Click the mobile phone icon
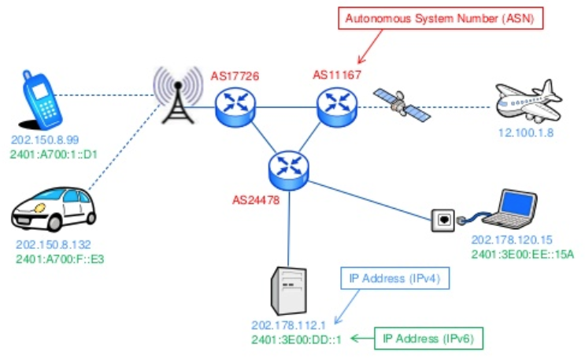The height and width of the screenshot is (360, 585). [x=44, y=99]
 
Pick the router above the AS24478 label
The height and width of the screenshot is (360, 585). [x=285, y=168]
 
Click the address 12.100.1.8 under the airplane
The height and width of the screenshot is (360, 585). [x=526, y=132]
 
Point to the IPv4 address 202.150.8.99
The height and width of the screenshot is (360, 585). [x=44, y=139]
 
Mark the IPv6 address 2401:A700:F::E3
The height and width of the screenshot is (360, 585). [x=58, y=258]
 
